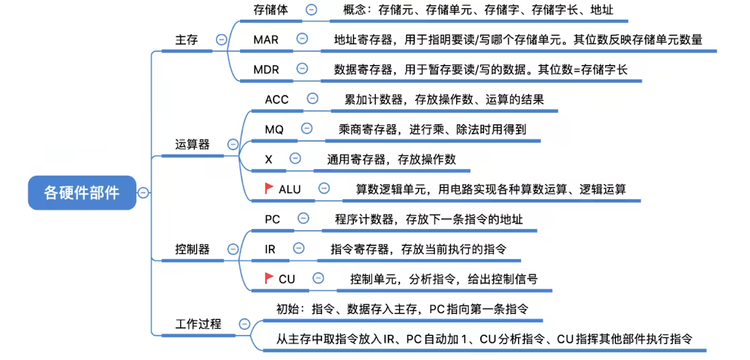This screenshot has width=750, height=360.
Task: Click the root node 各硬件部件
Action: click(82, 192)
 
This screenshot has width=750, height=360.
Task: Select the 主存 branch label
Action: click(186, 40)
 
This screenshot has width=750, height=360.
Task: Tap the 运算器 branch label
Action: click(192, 144)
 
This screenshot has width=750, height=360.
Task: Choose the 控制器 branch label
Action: click(192, 249)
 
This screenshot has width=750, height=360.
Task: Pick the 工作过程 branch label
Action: click(198, 324)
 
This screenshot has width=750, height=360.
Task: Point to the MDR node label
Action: click(267, 69)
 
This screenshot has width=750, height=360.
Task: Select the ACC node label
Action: click(277, 99)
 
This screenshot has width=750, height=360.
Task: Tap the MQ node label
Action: click(274, 130)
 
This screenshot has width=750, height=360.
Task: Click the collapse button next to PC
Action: click(304, 218)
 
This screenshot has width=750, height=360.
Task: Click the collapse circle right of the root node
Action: click(144, 193)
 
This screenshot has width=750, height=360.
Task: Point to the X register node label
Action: click(269, 159)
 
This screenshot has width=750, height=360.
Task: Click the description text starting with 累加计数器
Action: click(444, 99)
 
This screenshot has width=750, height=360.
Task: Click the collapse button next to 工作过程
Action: click(244, 324)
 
